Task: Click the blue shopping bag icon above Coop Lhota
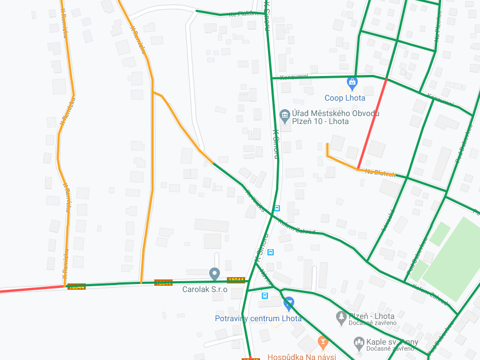point(352,83)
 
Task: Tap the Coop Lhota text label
point(345,98)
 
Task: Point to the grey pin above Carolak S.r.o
point(214,274)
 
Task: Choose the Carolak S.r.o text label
point(205,289)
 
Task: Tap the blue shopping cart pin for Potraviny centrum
point(289,303)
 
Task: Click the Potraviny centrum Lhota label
point(258,318)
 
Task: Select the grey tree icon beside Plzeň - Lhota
point(341,316)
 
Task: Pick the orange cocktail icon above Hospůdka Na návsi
point(323,342)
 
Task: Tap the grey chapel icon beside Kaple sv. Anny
point(359,342)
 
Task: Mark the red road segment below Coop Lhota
point(372,124)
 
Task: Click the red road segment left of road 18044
point(29,289)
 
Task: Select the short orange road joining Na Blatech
point(337,159)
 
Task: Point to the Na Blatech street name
point(381,173)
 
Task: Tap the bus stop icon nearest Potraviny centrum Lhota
point(265,295)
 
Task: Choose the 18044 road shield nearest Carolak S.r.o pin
point(236,280)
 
